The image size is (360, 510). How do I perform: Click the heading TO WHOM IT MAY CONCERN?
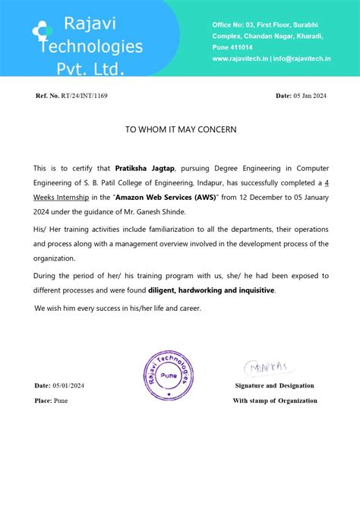(x=181, y=129)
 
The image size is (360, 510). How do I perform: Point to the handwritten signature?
(x=267, y=369)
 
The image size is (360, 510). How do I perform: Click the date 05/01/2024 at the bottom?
(x=70, y=385)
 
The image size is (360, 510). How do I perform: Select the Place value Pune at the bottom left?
(x=60, y=401)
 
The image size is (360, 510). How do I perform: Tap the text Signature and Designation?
(x=274, y=385)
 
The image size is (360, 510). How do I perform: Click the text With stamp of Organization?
(x=275, y=401)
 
